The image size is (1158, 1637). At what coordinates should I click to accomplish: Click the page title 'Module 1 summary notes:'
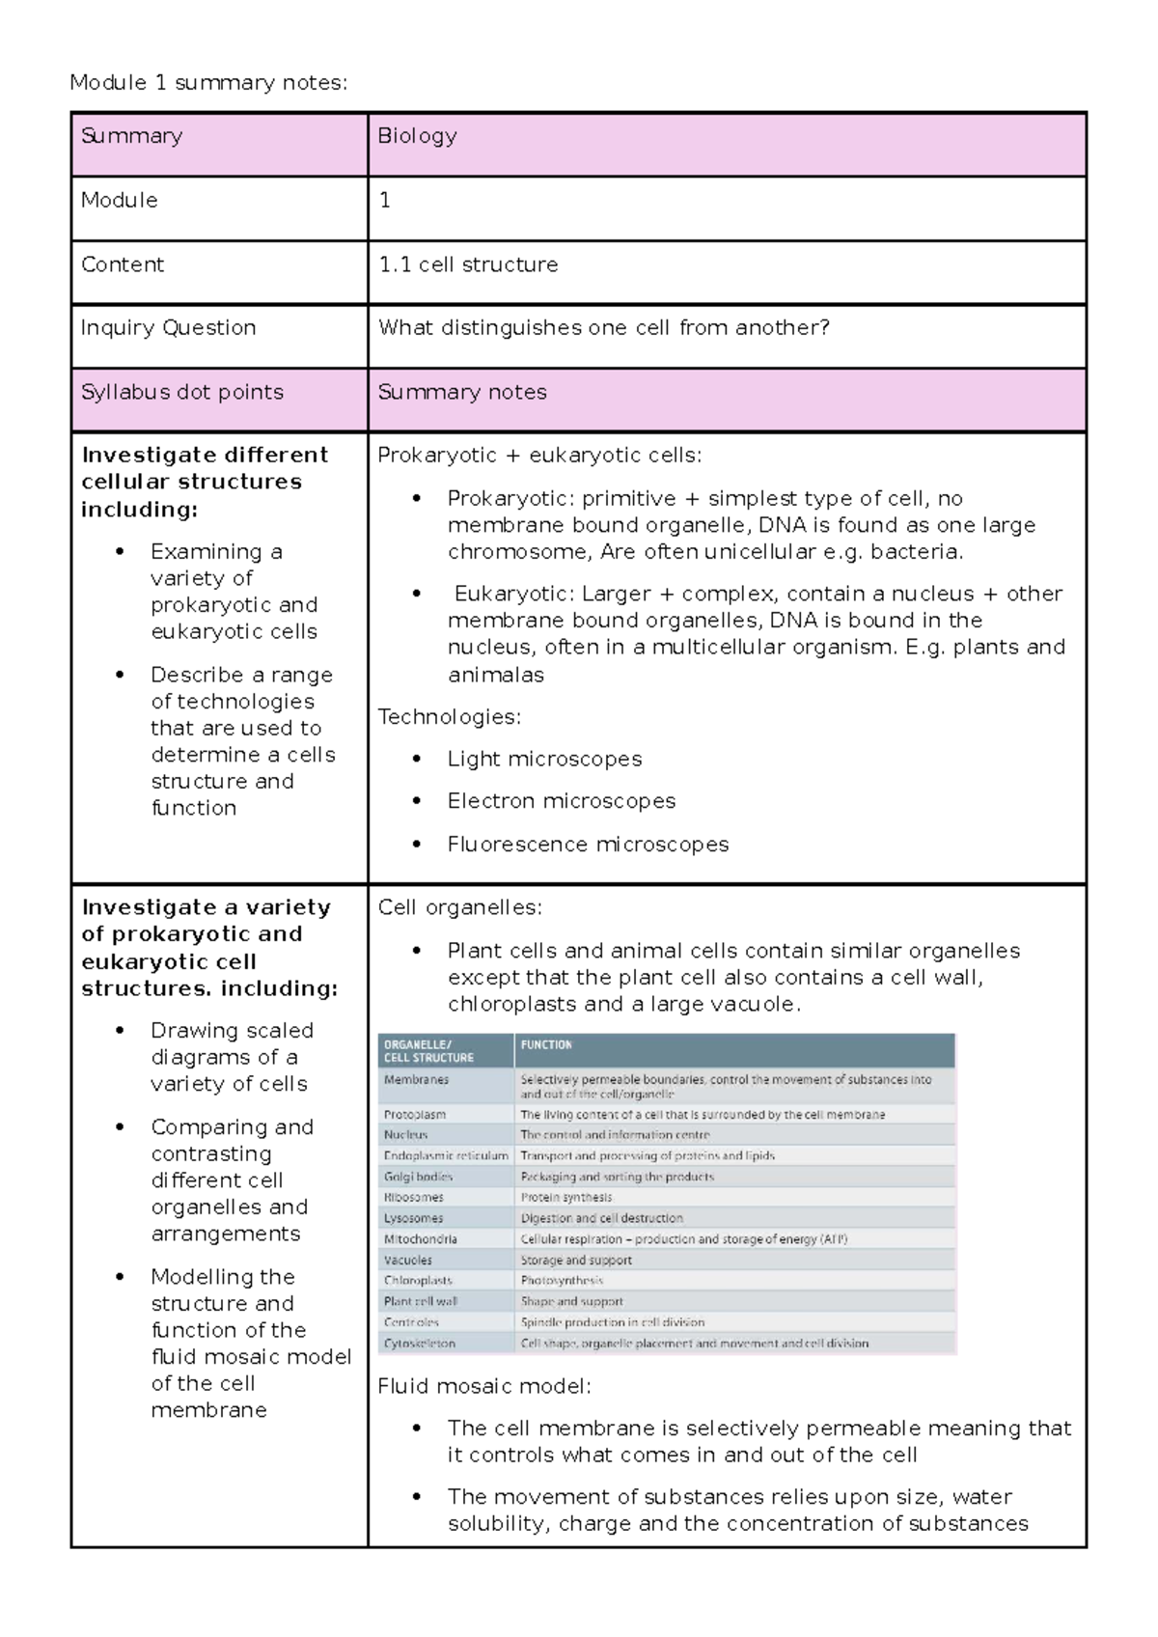(x=207, y=83)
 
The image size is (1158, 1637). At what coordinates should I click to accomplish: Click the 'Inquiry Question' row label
(x=168, y=328)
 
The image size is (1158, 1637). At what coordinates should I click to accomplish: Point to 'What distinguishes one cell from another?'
(x=603, y=328)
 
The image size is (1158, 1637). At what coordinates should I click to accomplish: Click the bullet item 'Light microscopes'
(x=544, y=760)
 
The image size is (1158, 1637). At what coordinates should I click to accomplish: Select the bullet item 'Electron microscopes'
(x=561, y=801)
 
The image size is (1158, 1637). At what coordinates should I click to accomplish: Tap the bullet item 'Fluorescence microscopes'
(x=588, y=845)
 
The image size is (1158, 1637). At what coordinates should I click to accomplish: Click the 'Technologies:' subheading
(x=449, y=717)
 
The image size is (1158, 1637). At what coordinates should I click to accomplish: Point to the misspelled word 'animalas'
(x=495, y=676)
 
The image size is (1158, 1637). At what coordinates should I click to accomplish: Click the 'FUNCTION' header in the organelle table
(x=546, y=1045)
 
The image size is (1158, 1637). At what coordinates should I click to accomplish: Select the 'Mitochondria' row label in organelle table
(x=420, y=1239)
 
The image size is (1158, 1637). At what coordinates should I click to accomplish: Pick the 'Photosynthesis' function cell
(x=562, y=1281)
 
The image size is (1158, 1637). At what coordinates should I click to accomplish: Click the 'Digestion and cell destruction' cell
(x=601, y=1219)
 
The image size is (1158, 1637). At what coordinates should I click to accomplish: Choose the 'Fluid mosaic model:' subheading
(x=483, y=1387)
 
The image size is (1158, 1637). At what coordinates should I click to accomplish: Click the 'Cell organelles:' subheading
(x=459, y=908)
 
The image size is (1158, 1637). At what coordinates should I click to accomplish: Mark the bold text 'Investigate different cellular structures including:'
(x=204, y=482)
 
